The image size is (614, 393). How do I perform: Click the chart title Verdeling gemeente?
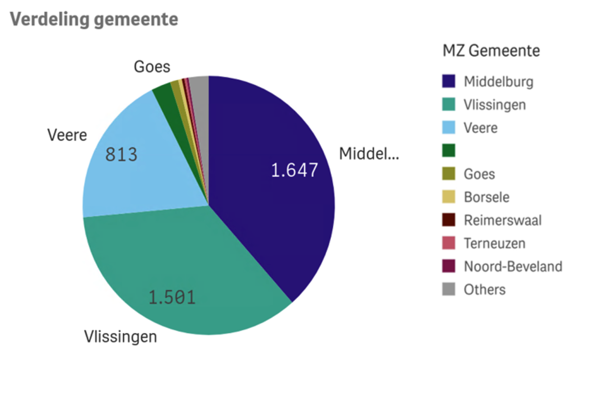[x=94, y=19]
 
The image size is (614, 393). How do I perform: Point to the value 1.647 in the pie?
[x=294, y=170]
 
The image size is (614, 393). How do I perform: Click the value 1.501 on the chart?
[x=172, y=297]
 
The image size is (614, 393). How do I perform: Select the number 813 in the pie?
[x=121, y=154]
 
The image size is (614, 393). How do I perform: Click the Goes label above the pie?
[x=152, y=67]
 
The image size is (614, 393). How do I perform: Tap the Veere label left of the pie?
[x=67, y=135]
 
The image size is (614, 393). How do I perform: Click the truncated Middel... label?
[x=369, y=153]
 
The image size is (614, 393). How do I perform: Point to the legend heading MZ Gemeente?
[x=491, y=51]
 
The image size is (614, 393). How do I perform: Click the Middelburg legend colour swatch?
[x=449, y=81]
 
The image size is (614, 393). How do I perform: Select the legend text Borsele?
[x=486, y=197]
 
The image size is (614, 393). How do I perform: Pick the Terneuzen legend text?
[x=494, y=243]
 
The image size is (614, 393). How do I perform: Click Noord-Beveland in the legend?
[x=513, y=266]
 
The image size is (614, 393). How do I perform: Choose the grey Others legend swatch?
[x=449, y=290]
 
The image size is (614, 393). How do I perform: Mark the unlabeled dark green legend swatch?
[x=449, y=151]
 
